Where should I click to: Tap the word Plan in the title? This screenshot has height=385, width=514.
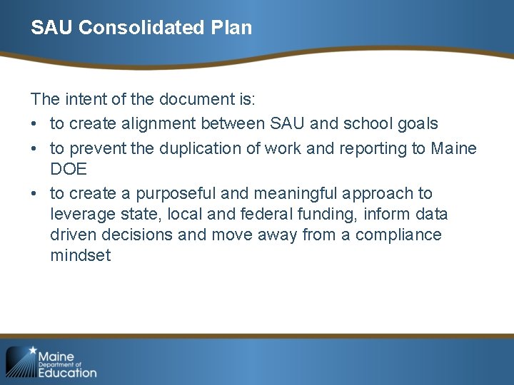coord(231,28)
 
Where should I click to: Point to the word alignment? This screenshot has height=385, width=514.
coord(160,124)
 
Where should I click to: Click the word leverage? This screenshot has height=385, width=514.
coord(80,214)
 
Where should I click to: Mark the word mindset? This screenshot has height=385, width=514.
coord(81,255)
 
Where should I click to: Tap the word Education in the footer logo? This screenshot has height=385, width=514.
coord(67,371)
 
